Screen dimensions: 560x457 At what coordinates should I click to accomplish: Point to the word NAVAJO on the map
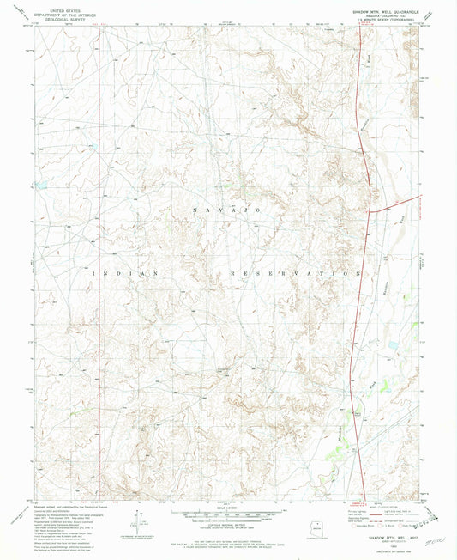pyautogui.click(x=225, y=210)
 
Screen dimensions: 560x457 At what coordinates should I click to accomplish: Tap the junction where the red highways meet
pyautogui.click(x=370, y=210)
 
